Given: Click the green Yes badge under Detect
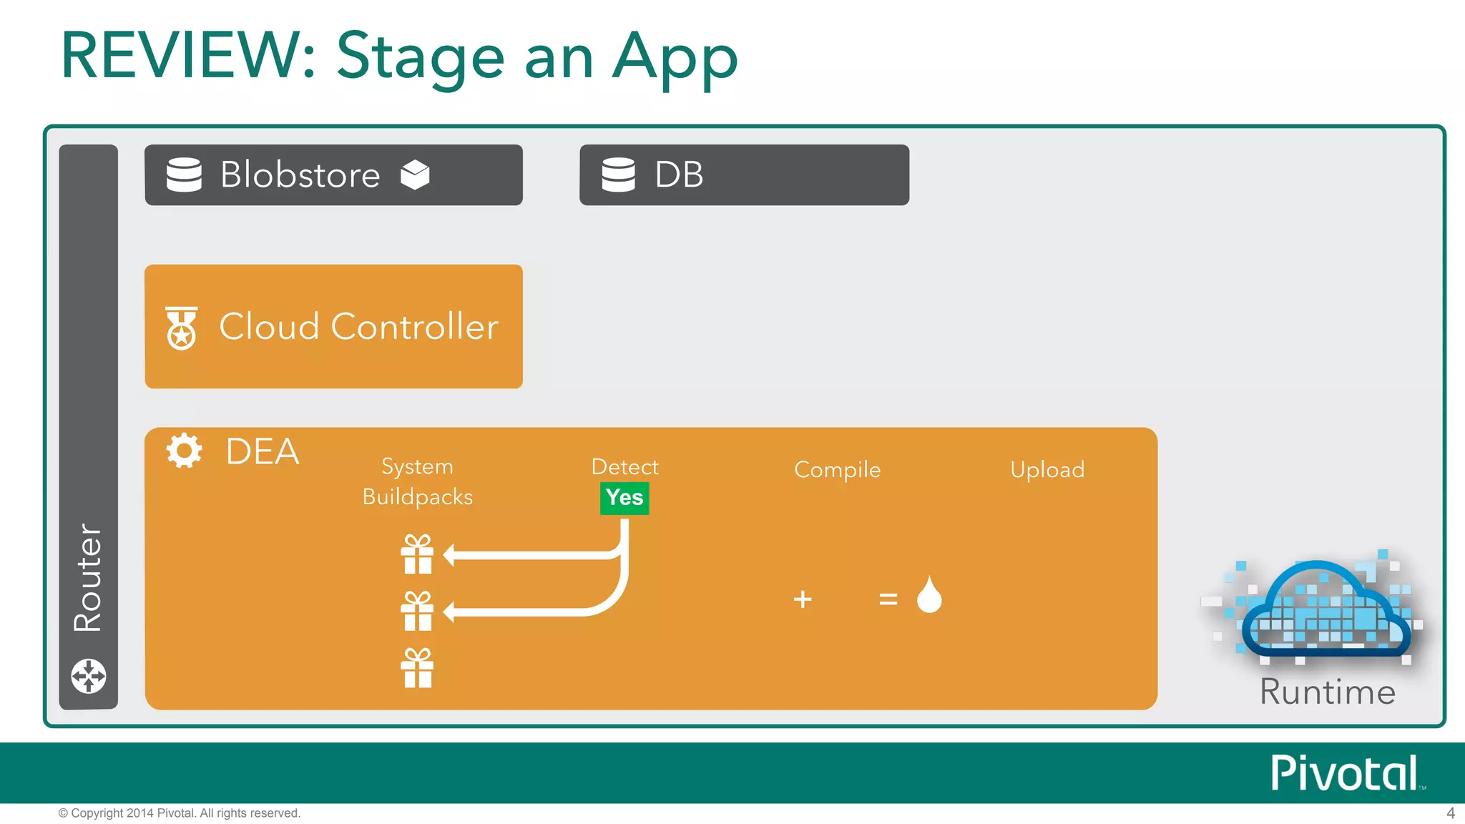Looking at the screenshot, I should point(624,498).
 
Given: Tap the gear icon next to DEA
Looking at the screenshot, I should point(184,451).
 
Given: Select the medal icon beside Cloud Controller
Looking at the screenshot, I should point(182,328).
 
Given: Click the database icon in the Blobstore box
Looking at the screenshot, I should point(184,175).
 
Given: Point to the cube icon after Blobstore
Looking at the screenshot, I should point(415,175).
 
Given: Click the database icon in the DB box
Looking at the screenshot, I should point(618,175).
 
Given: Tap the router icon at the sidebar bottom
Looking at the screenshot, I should point(89,676).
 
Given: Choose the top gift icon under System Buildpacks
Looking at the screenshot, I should point(417,554).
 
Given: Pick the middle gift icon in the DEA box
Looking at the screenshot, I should point(417,611).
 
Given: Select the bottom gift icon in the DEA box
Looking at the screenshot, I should point(417,668).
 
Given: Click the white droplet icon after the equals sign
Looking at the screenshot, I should point(929,595).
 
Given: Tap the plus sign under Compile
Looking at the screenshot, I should point(803,599).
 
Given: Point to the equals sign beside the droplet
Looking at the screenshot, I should point(888,599).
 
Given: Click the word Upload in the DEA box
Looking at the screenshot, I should point(1047,470).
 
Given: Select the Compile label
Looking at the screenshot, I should point(837,470).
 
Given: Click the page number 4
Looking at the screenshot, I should point(1451,813).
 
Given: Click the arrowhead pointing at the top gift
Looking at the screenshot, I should point(449,554).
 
